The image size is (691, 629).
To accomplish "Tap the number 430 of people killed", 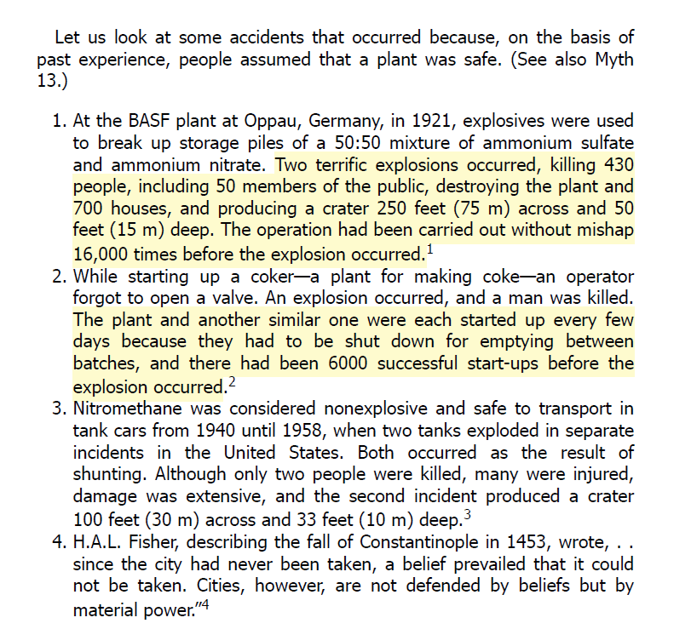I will pos(619,164).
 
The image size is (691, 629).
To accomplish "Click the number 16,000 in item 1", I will pos(104,254).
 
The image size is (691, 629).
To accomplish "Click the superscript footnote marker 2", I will pos(230,383).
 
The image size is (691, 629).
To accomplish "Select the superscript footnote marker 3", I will pos(467,513).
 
